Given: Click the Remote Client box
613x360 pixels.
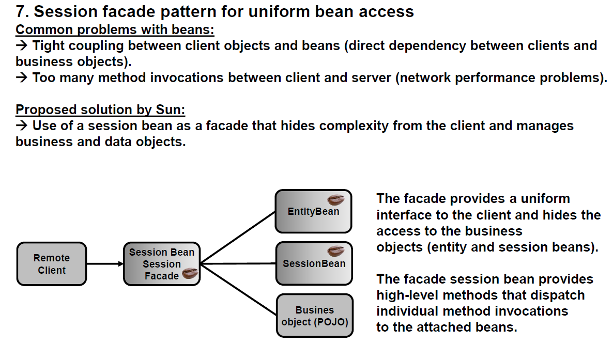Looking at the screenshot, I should pos(51,264).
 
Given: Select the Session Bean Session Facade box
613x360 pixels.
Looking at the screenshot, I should pos(161,263).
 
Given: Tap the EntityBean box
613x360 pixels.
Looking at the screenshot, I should pos(313,211).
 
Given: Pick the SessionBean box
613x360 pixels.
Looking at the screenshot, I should pos(314,263).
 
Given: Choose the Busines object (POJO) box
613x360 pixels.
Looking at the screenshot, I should pos(314,316).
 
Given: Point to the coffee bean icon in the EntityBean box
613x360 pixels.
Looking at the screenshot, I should pos(336,199).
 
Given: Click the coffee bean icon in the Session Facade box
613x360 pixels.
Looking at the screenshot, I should pos(190,274).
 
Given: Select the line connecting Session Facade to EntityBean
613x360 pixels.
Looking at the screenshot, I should pos(238,237).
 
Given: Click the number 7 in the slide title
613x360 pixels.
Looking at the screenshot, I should pos(21,11).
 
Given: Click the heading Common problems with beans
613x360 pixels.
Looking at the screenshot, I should pos(115,29).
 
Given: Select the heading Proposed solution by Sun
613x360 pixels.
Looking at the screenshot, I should pos(100,109).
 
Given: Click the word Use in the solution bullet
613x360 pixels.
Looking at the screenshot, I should pos(44,126).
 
